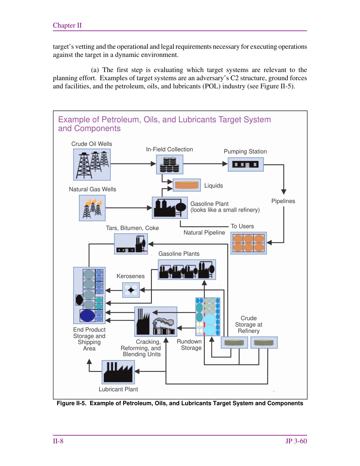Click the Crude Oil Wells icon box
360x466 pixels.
pyautogui.click(x=92, y=165)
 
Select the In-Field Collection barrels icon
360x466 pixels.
pyautogui.click(x=169, y=164)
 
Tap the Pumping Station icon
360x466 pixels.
pyautogui.click(x=246, y=165)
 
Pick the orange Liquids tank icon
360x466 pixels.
pyautogui.click(x=187, y=185)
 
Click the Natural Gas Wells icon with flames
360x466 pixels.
pyautogui.click(x=92, y=208)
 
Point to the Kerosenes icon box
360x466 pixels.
pyautogui.click(x=131, y=290)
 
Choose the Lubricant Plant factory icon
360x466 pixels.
pyautogui.click(x=118, y=372)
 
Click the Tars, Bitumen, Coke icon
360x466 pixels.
pyautogui.click(x=131, y=244)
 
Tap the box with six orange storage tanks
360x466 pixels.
pyautogui.click(x=248, y=243)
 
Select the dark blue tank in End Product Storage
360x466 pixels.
pyautogui.click(x=87, y=315)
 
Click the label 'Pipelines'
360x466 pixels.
pyautogui.click(x=283, y=201)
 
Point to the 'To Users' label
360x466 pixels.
pyautogui.click(x=242, y=226)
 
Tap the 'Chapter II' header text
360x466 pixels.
pyautogui.click(x=67, y=25)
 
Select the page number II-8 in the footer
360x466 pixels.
pyautogui.click(x=58, y=441)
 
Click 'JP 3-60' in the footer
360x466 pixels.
pyautogui.click(x=296, y=441)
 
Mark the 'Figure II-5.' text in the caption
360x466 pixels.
pyautogui.click(x=71, y=403)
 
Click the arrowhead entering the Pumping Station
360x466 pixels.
pyautogui.click(x=225, y=164)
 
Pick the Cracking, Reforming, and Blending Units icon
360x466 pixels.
pyautogui.click(x=156, y=321)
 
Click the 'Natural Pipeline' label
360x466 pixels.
pyautogui.click(x=204, y=232)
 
